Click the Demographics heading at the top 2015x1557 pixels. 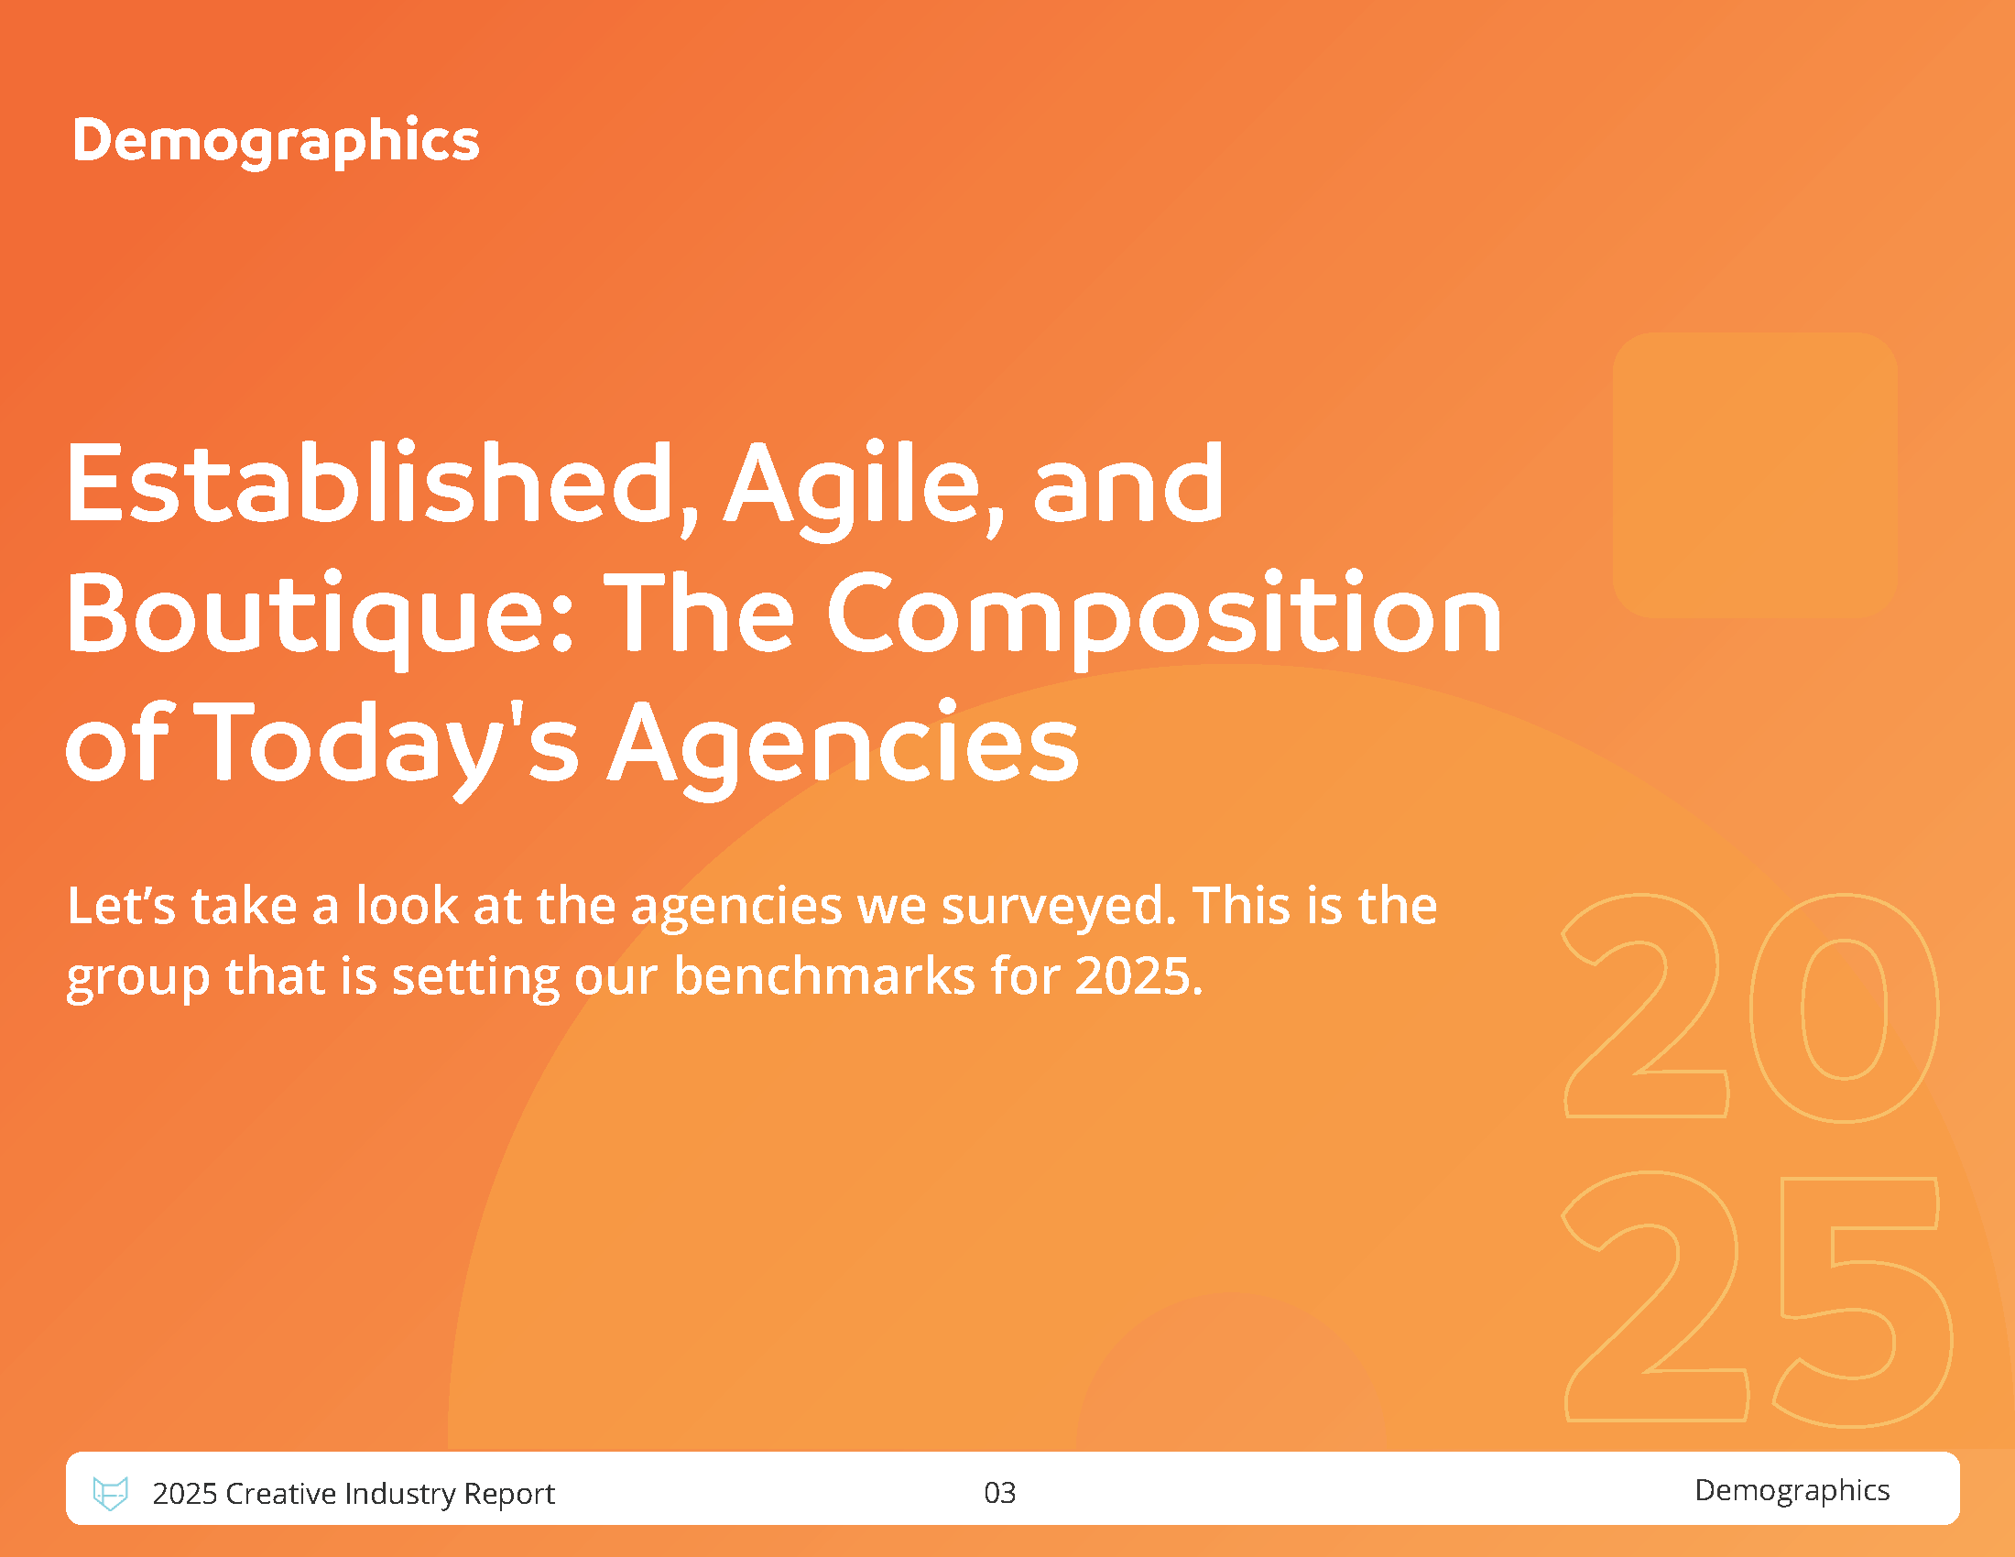(x=276, y=142)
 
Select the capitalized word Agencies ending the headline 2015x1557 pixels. (x=843, y=747)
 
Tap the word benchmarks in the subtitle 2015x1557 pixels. (x=824, y=976)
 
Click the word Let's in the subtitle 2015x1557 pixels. (x=121, y=906)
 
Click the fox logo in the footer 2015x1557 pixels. (x=111, y=1493)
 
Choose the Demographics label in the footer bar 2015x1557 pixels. (x=1792, y=1490)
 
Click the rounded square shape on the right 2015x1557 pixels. (x=1755, y=474)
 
